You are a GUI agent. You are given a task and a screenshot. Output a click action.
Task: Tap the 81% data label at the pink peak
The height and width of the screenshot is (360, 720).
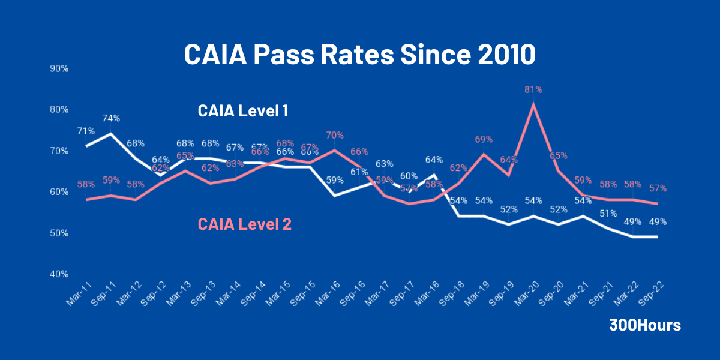[533, 89]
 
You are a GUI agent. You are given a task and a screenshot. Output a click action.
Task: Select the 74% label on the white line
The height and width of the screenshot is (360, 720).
[111, 118]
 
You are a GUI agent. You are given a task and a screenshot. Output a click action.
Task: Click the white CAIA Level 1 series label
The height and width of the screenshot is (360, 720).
[244, 111]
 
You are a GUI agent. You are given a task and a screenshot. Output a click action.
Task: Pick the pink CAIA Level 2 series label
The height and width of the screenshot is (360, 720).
[245, 224]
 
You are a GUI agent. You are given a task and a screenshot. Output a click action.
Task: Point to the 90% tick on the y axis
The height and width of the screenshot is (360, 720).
[59, 68]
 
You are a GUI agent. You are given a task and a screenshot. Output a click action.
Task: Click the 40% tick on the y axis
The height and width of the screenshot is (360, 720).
[59, 274]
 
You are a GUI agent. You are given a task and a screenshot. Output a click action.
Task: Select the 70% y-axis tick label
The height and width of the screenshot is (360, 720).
[59, 151]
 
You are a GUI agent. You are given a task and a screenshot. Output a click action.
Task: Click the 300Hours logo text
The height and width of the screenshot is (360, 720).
[645, 325]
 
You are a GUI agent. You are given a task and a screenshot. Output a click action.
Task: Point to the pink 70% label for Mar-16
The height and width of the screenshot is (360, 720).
[334, 135]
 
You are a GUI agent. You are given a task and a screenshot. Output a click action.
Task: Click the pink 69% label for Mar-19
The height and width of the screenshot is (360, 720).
[484, 139]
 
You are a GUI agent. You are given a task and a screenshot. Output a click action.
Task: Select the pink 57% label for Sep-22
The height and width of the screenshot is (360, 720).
[658, 188]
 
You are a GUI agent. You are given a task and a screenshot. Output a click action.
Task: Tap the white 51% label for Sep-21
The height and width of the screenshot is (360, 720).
[608, 214]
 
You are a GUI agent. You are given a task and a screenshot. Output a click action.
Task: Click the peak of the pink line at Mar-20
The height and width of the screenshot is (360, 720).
[533, 104]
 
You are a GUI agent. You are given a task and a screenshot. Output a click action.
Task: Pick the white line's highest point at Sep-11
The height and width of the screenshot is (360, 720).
[111, 133]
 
